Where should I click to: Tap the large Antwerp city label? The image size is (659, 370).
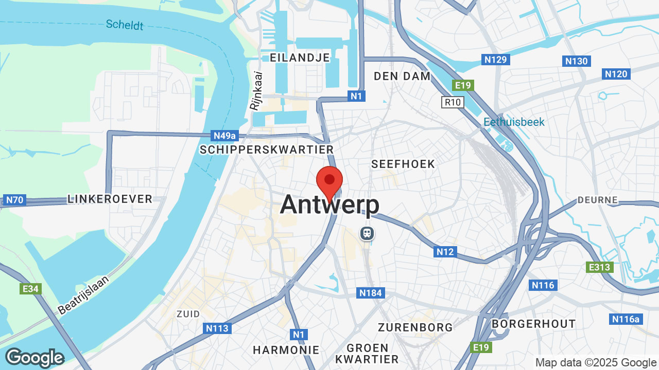tap(329, 205)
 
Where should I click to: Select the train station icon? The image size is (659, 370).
tap(367, 233)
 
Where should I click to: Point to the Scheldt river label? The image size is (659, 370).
tap(125, 24)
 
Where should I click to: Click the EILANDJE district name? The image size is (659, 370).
tap(300, 58)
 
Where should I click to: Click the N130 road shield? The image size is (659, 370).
tap(576, 61)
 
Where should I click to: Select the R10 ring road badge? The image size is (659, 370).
tap(453, 102)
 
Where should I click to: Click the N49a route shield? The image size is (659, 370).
tap(225, 136)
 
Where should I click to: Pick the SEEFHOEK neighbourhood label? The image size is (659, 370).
tap(403, 164)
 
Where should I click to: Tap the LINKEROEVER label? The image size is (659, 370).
tap(110, 199)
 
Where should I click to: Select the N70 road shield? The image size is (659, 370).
tap(14, 200)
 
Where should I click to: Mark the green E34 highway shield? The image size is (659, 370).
tap(30, 289)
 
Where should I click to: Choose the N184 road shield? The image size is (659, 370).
tap(371, 293)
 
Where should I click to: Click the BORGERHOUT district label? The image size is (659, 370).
tap(533, 324)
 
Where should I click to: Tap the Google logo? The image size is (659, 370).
tap(34, 358)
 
